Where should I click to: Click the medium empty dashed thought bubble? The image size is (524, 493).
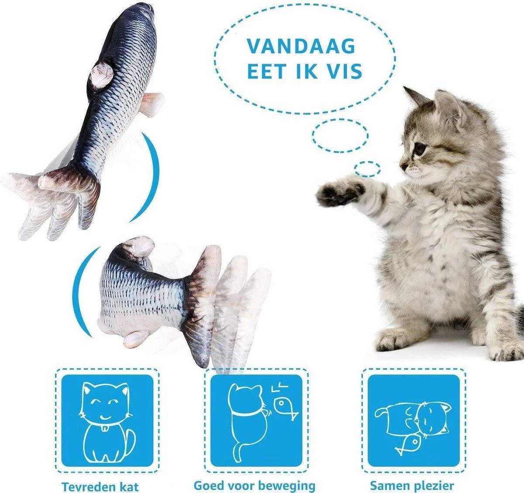point(340,134)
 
